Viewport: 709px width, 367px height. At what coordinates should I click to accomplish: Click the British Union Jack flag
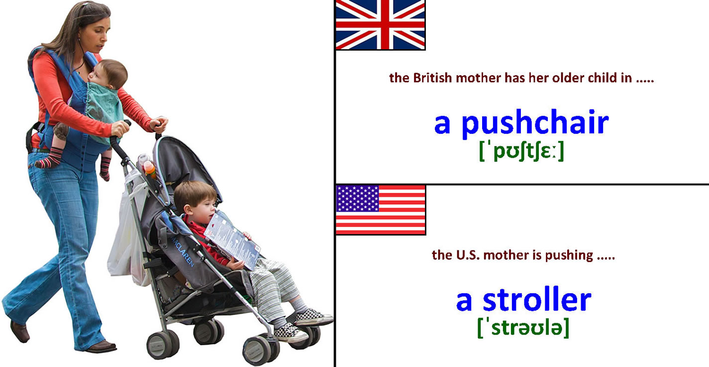[380, 25]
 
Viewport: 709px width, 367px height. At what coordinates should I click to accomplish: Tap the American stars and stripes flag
[381, 210]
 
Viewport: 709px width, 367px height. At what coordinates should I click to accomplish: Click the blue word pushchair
[535, 122]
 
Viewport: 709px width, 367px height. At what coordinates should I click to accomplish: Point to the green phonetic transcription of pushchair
[521, 151]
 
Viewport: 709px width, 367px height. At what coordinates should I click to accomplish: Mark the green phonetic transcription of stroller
[523, 328]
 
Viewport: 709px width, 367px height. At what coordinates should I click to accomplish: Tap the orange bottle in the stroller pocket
[149, 169]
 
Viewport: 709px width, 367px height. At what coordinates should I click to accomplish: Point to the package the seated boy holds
[232, 239]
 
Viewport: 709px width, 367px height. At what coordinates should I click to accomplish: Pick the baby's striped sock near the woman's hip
[49, 158]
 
